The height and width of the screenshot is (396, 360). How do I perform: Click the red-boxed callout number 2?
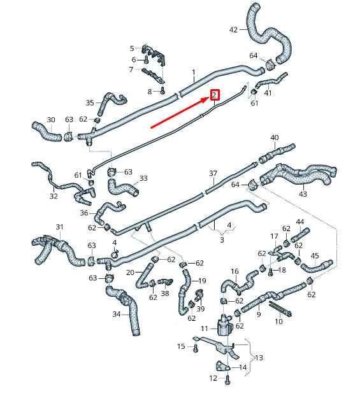[215, 95]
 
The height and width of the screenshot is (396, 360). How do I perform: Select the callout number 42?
[233, 30]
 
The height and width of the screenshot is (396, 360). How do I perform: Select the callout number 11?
[205, 328]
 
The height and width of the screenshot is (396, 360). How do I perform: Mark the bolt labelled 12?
[227, 379]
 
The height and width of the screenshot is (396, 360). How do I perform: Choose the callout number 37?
[213, 173]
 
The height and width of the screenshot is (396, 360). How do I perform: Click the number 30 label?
[51, 120]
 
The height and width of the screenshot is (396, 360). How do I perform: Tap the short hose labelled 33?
[121, 188]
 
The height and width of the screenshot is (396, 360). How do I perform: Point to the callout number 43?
[303, 194]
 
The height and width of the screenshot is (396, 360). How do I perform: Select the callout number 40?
[275, 138]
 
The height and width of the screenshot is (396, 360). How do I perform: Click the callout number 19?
[203, 281]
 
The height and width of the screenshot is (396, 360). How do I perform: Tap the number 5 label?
[132, 48]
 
